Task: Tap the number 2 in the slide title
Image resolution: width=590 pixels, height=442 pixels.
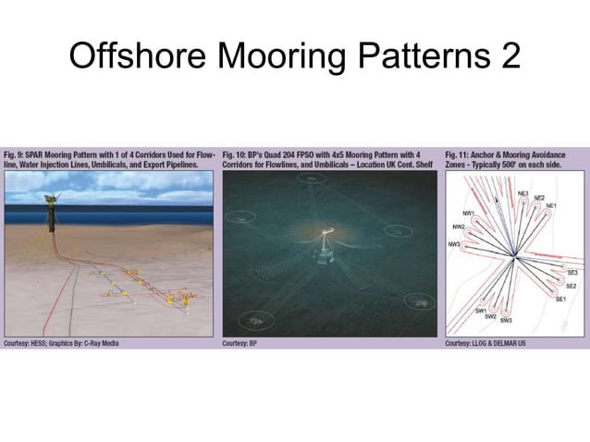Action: pyautogui.click(x=508, y=57)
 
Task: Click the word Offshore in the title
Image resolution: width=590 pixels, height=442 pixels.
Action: pyautogui.click(x=138, y=57)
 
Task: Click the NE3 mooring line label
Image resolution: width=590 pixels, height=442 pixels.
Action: pyautogui.click(x=522, y=193)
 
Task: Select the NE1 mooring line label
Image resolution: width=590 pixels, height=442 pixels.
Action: pyautogui.click(x=551, y=204)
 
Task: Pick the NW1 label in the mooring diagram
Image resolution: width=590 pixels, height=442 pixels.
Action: pyautogui.click(x=469, y=214)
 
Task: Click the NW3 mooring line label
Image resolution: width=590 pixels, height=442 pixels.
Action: pyautogui.click(x=453, y=244)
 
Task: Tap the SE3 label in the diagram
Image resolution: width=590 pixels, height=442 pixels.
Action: pyautogui.click(x=572, y=273)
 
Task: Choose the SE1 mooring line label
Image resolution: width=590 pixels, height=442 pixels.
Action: pyautogui.click(x=560, y=299)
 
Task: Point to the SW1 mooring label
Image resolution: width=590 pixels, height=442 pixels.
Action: pyautogui.click(x=480, y=310)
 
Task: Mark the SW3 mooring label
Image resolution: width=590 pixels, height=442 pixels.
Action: pyautogui.click(x=506, y=321)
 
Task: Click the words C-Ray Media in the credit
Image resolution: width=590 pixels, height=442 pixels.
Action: pyautogui.click(x=98, y=343)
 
